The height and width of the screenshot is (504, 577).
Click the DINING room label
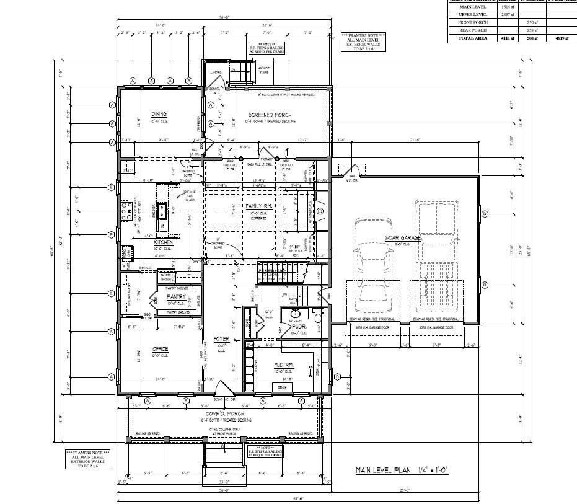click(x=157, y=114)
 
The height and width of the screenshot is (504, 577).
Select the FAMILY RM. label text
click(x=259, y=206)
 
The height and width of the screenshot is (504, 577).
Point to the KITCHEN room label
click(x=154, y=242)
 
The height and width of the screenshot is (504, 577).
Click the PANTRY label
click(x=177, y=296)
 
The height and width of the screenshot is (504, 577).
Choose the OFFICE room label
click(x=160, y=350)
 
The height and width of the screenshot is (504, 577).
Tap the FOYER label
click(x=221, y=339)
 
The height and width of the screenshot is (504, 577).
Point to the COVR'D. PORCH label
click(x=225, y=413)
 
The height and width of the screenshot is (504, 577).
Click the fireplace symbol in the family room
click(x=320, y=211)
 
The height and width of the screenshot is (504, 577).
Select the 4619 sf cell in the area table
click(x=563, y=38)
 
